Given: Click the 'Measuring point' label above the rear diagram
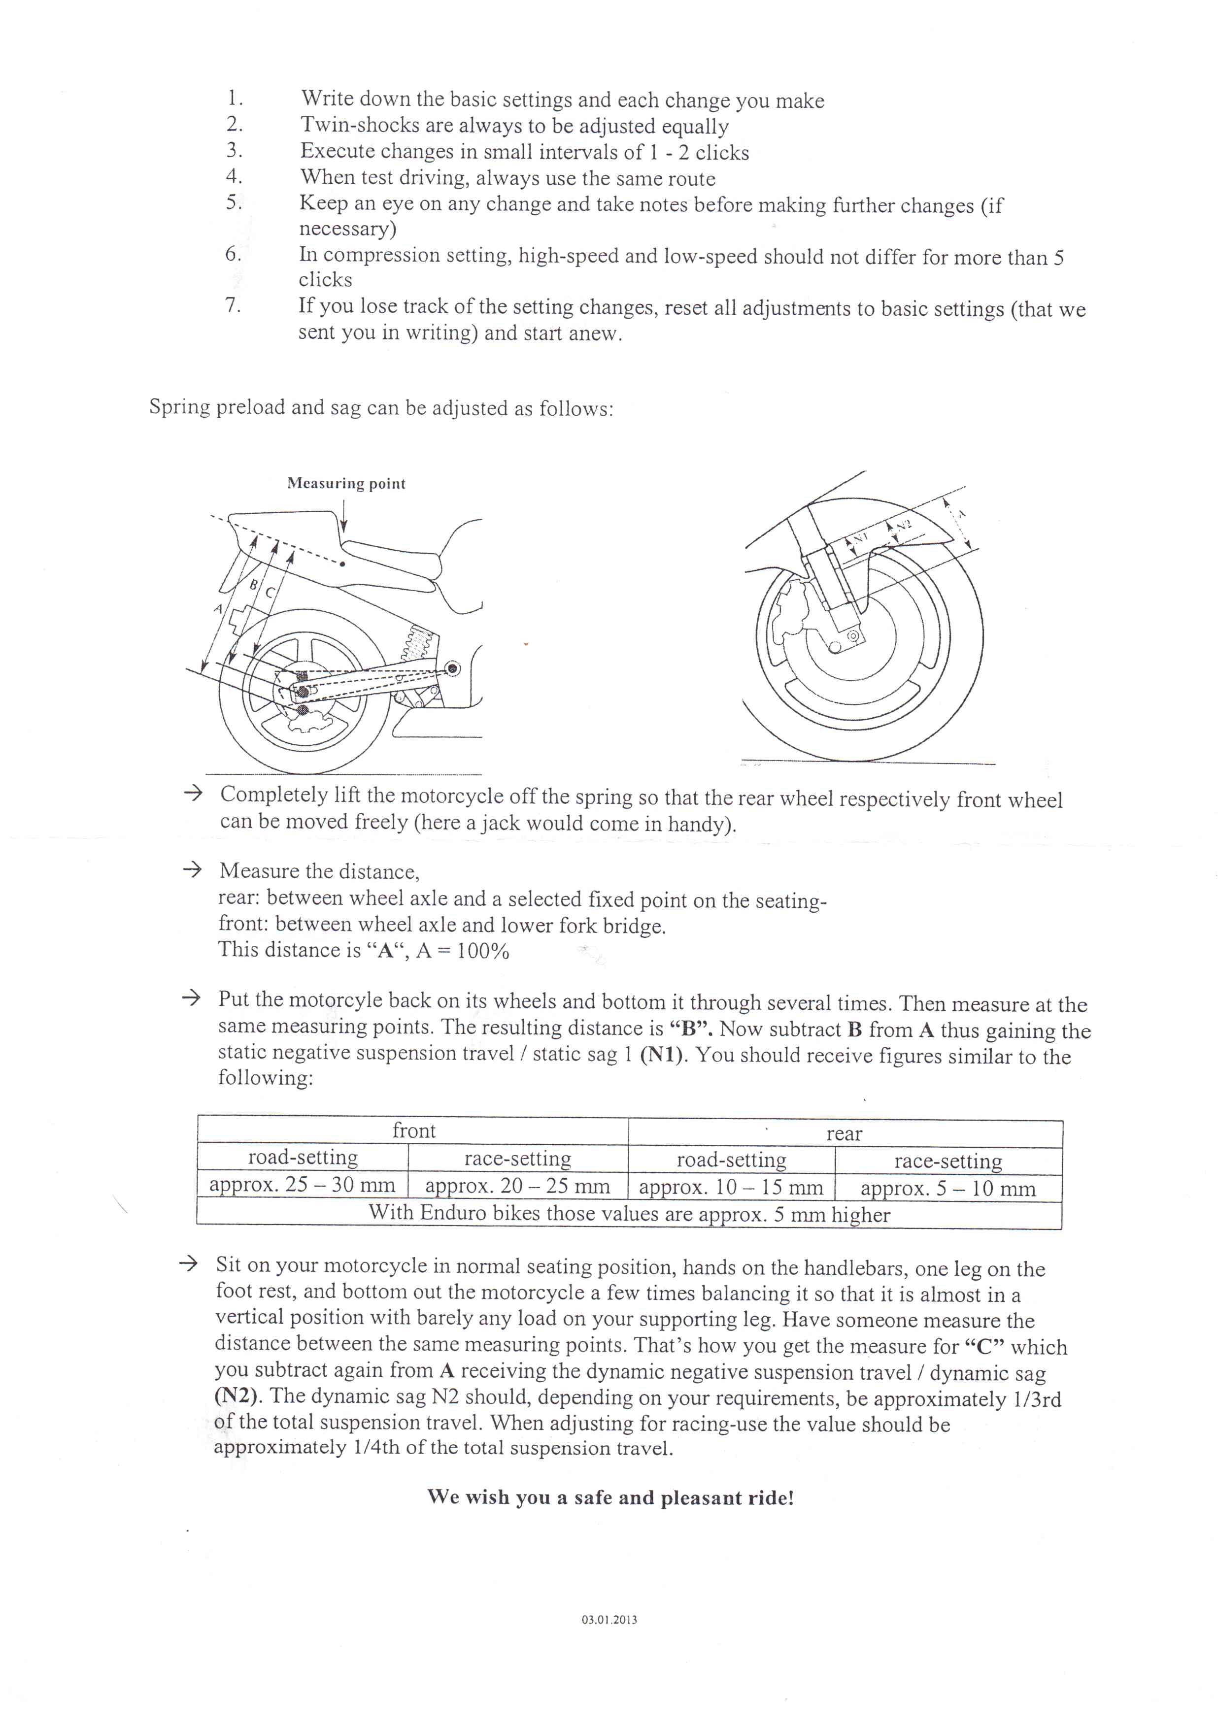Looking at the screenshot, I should (346, 483).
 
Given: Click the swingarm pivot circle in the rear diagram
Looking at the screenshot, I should (452, 668).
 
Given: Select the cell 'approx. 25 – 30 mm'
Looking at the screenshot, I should (302, 1186).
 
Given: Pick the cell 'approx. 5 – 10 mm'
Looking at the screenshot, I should (948, 1189).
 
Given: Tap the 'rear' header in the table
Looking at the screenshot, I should (845, 1133).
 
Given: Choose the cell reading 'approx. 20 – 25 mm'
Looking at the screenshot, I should (517, 1186).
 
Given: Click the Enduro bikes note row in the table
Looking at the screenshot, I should (629, 1214).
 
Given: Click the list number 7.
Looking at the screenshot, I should (233, 305).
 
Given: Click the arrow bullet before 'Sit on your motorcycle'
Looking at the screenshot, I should (188, 1263).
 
